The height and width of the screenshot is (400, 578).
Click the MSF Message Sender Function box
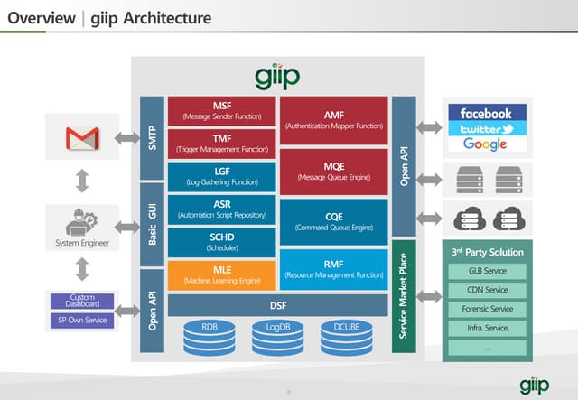point(221,111)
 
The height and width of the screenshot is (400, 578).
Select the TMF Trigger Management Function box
point(221,144)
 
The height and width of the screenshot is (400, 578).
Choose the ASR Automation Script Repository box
point(221,209)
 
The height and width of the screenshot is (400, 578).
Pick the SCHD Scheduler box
point(221,242)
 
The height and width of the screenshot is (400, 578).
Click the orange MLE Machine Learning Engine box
point(221,274)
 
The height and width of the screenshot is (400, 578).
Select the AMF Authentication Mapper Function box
point(334,120)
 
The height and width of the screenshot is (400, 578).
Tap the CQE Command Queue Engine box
point(334,221)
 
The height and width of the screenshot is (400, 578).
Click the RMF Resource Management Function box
point(334,268)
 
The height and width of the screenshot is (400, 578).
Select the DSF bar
point(278,305)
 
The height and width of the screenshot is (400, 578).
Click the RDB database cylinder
point(210,335)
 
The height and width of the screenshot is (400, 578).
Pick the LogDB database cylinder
point(278,335)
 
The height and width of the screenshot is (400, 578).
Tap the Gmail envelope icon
point(81,139)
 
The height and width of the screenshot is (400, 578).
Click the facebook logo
point(485,114)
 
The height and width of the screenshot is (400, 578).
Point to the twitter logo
point(485,129)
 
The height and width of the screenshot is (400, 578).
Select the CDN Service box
point(488,290)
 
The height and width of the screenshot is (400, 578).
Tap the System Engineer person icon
point(80,222)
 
